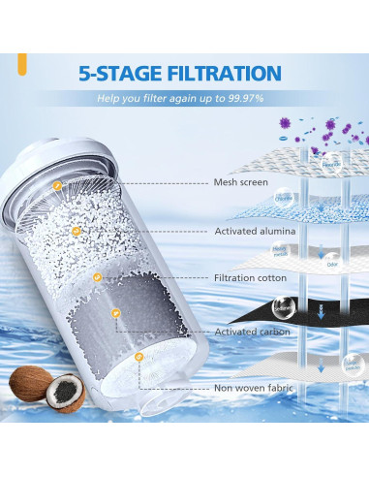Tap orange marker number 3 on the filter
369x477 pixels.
click(97, 278)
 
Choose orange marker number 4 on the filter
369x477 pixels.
click(116, 312)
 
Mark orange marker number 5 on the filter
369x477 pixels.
click(140, 357)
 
